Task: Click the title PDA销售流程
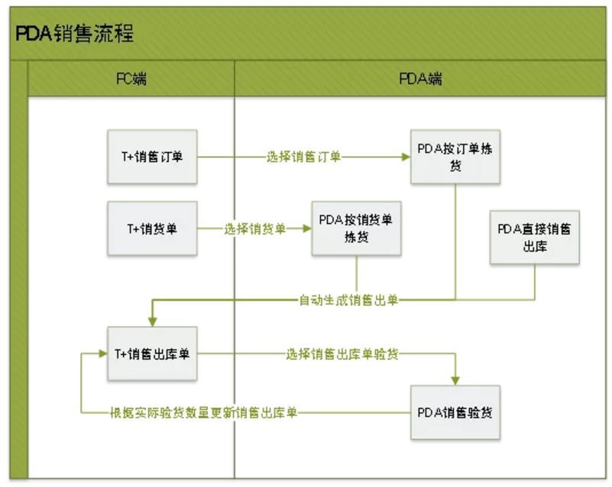click(75, 34)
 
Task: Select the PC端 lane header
click(131, 80)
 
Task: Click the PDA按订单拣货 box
click(455, 157)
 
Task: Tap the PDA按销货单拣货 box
click(356, 228)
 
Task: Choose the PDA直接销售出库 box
click(535, 238)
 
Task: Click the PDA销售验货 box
click(455, 412)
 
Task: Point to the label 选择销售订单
click(304, 157)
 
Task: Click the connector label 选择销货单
click(255, 228)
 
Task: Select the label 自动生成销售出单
click(348, 300)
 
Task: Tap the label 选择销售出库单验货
click(342, 354)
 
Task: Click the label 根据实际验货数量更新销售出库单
click(203, 413)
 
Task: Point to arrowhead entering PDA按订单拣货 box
click(406, 157)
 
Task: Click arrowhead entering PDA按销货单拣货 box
click(306, 228)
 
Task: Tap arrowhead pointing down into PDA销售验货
click(456, 380)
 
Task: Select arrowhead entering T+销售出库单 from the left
click(103, 354)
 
